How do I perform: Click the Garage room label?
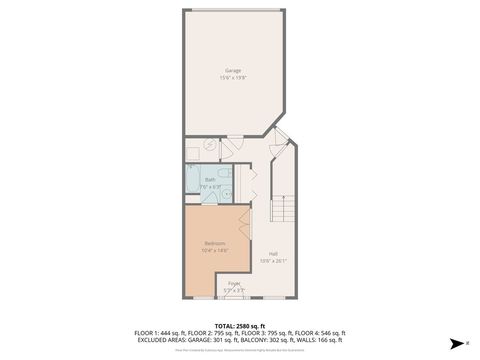(233, 70)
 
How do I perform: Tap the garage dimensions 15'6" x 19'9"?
(233, 77)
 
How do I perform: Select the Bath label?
(210, 179)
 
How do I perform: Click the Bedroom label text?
(215, 244)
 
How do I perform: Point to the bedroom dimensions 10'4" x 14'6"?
(215, 251)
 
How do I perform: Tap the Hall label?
(273, 254)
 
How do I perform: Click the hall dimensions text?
(273, 261)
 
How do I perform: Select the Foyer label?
(233, 284)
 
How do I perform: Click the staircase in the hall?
(282, 211)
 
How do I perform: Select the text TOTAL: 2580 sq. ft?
(239, 326)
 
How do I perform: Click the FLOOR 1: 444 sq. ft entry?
(159, 333)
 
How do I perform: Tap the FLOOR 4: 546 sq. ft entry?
(319, 333)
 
